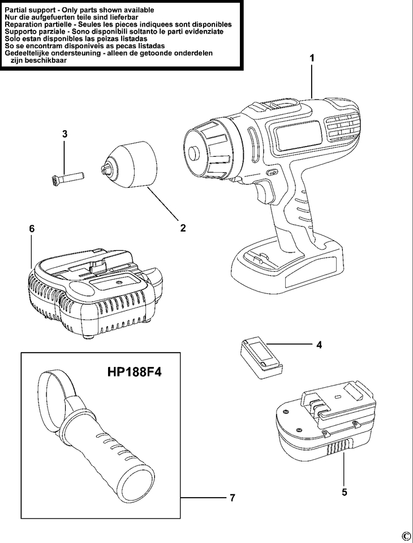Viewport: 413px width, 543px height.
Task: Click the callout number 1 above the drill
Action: (311, 58)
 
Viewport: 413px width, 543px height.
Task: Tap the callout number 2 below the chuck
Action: (183, 228)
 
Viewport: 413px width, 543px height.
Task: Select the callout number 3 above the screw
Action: (65, 134)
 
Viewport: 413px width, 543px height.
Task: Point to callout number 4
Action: (319, 344)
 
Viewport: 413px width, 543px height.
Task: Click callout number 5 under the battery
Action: (345, 492)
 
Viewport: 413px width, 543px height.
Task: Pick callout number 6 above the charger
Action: (32, 228)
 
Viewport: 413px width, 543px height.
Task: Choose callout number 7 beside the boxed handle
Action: (233, 498)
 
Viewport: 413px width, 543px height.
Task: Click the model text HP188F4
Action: (134, 373)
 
